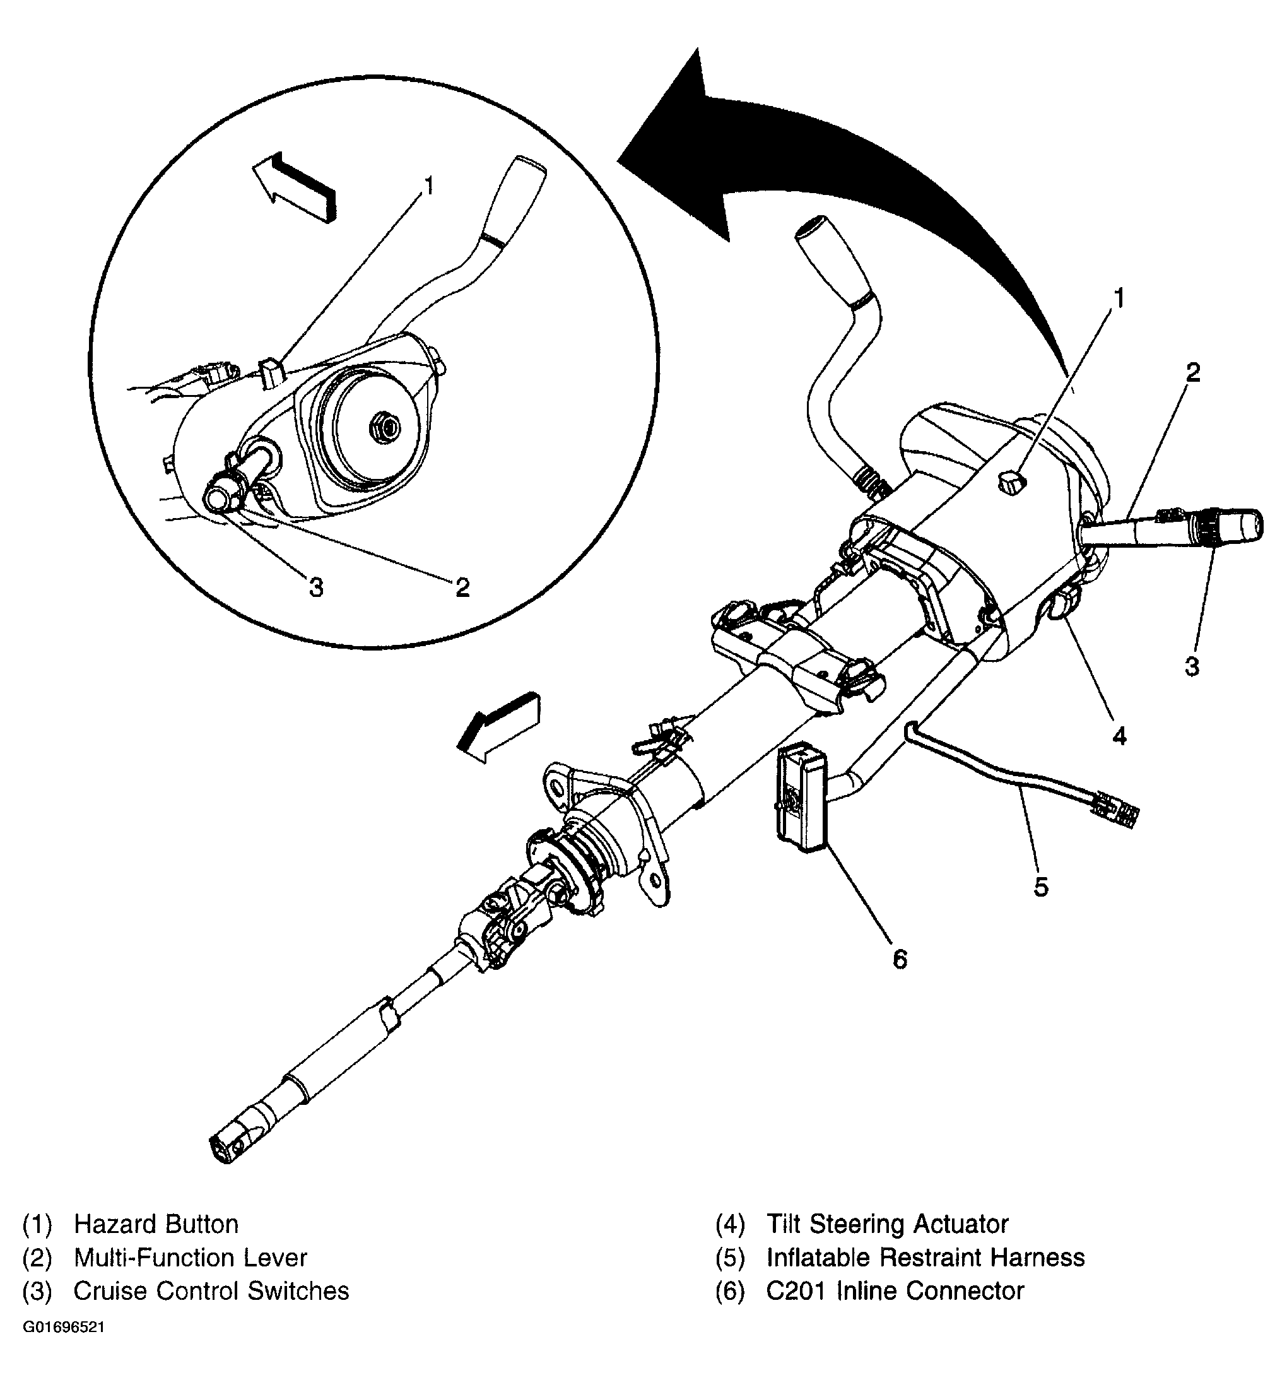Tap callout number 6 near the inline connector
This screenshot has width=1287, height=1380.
pyautogui.click(x=899, y=959)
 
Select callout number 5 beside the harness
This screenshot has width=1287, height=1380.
pyautogui.click(x=1040, y=887)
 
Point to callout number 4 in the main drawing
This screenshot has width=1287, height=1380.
pyautogui.click(x=1119, y=735)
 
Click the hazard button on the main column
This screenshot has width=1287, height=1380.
pyautogui.click(x=1011, y=481)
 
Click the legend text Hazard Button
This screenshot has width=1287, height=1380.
pyautogui.click(x=156, y=1224)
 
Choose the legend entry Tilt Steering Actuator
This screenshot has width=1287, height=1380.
pyautogui.click(x=886, y=1224)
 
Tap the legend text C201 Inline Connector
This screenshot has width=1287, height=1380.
pyautogui.click(x=895, y=1290)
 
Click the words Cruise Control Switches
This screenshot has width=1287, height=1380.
pyautogui.click(x=211, y=1290)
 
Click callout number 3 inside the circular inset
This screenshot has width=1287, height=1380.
pyautogui.click(x=316, y=587)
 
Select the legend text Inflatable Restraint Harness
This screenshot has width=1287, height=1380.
pyautogui.click(x=925, y=1257)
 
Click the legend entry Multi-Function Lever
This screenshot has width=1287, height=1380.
pyautogui.click(x=190, y=1257)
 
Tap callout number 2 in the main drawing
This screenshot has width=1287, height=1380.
pyautogui.click(x=1191, y=373)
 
